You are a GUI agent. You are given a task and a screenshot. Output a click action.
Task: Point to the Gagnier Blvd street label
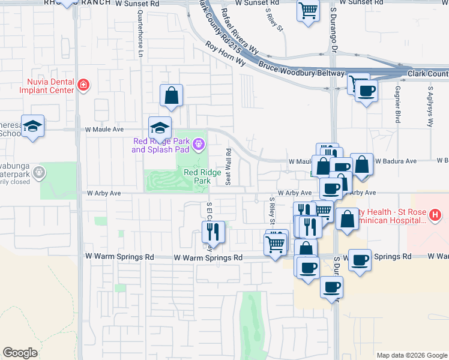coord(397,104)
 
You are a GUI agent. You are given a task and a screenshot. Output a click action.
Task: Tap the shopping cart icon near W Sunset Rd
coord(308,10)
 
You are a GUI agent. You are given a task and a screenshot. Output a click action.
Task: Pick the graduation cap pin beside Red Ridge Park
coord(160,128)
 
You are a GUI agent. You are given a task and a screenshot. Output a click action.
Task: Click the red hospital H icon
coord(436,214)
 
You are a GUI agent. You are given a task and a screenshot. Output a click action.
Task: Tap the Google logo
coord(20,353)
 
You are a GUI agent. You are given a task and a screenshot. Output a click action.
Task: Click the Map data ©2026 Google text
coord(411,355)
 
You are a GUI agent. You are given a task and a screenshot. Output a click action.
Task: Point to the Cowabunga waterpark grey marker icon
coord(39,173)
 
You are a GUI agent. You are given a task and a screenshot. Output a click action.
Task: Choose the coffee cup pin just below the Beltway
coord(366,91)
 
